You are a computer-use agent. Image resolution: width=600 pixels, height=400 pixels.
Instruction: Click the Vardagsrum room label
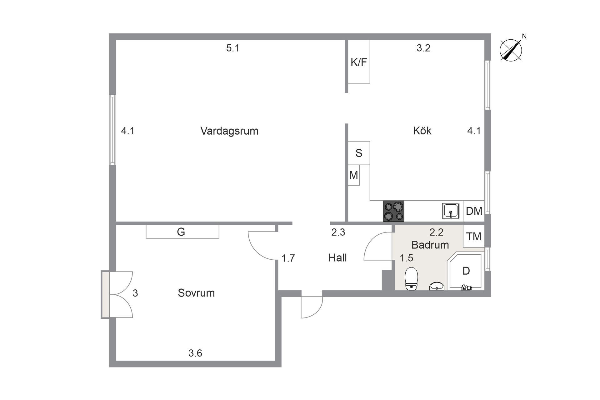[x=229, y=131]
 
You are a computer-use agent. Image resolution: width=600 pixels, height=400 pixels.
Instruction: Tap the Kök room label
[x=422, y=130]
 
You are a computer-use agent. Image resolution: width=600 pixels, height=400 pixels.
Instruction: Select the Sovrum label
[x=196, y=293]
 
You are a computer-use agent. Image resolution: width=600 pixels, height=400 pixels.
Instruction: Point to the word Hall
[x=337, y=258]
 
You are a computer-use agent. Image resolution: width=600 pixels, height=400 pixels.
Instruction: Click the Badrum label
[x=430, y=245]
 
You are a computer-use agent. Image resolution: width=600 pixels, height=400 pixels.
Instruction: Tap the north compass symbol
[x=511, y=50]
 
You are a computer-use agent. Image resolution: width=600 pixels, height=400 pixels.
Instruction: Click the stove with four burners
[x=393, y=211]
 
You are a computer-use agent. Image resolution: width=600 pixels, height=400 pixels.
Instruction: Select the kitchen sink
[x=451, y=211]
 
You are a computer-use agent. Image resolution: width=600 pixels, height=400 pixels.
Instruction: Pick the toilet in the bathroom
[x=411, y=278]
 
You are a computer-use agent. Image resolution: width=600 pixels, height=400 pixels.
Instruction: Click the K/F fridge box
[x=359, y=62]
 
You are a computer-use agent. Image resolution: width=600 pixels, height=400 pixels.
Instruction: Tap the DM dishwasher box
[x=474, y=211]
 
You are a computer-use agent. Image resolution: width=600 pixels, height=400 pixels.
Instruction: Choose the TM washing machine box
[x=474, y=237]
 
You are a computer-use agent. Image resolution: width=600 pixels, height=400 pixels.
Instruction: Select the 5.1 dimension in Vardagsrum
[x=233, y=48]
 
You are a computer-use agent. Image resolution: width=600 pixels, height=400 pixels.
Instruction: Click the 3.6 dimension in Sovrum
[x=195, y=353]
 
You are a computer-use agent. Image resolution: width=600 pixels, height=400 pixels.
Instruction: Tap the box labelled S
[x=359, y=153]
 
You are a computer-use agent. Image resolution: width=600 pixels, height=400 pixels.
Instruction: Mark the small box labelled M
[x=353, y=175]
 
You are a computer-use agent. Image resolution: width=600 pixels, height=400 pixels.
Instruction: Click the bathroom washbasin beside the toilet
[x=437, y=286]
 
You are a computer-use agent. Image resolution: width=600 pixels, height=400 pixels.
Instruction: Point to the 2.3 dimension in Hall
[x=338, y=232]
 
